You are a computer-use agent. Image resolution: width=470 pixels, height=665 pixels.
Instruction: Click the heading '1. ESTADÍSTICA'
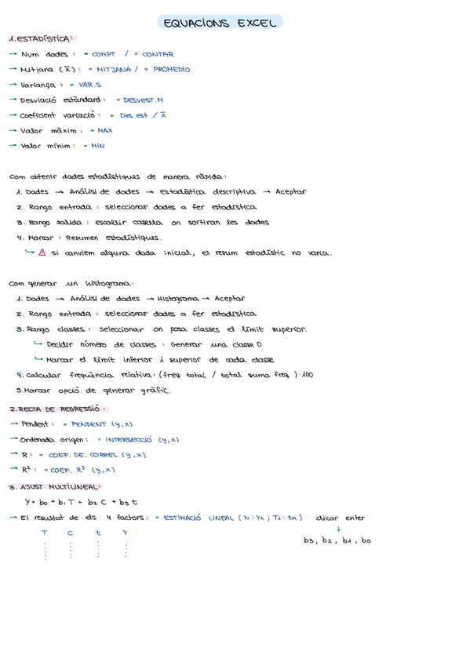click(42, 38)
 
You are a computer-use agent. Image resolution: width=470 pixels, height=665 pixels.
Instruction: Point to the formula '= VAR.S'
click(85, 85)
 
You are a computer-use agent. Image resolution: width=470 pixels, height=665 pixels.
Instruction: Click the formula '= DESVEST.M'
click(139, 100)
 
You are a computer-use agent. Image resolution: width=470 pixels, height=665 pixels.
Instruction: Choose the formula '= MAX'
click(101, 131)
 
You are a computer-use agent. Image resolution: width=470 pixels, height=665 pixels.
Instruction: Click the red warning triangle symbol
click(42, 253)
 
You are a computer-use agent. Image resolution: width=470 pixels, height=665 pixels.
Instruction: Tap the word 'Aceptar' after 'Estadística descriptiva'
click(290, 192)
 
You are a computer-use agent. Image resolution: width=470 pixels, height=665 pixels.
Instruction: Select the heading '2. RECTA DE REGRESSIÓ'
click(57, 409)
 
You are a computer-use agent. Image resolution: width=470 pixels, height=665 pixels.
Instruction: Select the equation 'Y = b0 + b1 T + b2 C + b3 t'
click(81, 502)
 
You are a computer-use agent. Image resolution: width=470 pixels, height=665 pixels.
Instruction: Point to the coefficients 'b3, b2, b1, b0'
click(337, 541)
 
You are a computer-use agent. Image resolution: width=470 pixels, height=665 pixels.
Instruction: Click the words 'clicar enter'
click(341, 518)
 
